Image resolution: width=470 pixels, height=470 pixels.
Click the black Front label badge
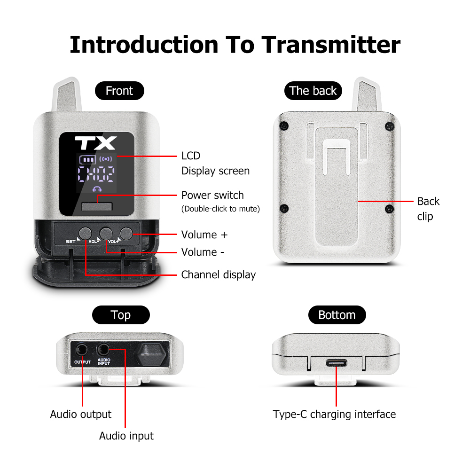click(119, 91)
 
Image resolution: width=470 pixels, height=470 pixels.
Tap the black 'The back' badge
click(313, 91)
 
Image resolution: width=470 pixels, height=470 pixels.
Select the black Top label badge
click(121, 315)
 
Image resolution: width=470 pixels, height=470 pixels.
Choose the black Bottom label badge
click(337, 315)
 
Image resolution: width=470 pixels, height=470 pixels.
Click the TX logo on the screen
click(95, 143)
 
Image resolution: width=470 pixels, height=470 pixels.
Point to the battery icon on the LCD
click(87, 159)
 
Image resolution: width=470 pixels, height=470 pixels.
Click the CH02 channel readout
click(96, 174)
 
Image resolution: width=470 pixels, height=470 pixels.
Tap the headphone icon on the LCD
click(97, 189)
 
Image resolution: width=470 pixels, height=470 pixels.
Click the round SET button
click(85, 234)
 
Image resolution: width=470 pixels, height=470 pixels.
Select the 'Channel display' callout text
click(219, 275)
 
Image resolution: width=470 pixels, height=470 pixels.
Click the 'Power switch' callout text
click(212, 195)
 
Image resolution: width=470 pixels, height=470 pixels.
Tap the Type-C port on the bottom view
click(337, 363)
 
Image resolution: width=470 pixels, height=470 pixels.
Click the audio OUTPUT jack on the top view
click(81, 350)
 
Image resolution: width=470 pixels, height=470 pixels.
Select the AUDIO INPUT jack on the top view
click(103, 349)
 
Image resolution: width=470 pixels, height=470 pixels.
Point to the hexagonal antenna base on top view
click(151, 355)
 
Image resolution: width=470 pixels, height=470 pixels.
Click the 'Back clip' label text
click(428, 209)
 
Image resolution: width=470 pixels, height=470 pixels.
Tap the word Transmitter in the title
click(331, 45)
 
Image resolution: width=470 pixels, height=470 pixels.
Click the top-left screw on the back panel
click(284, 125)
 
